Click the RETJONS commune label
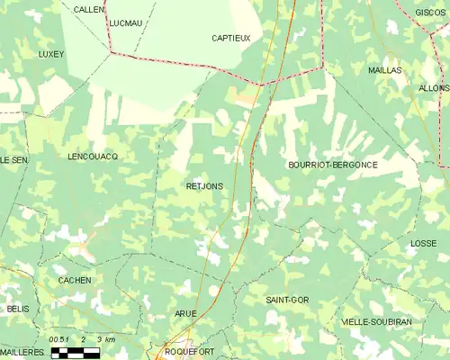[204, 186]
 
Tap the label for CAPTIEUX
[230, 38]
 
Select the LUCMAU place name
[124, 22]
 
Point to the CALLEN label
[89, 9]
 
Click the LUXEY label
[51, 54]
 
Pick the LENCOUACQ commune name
[93, 157]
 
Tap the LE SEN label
[13, 159]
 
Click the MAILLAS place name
[384, 69]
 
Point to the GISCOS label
[430, 13]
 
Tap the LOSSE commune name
[423, 244]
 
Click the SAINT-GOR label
[287, 299]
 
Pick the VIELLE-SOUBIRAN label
[376, 321]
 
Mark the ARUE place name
[185, 313]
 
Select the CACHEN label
[74, 281]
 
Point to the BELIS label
[17, 309]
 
